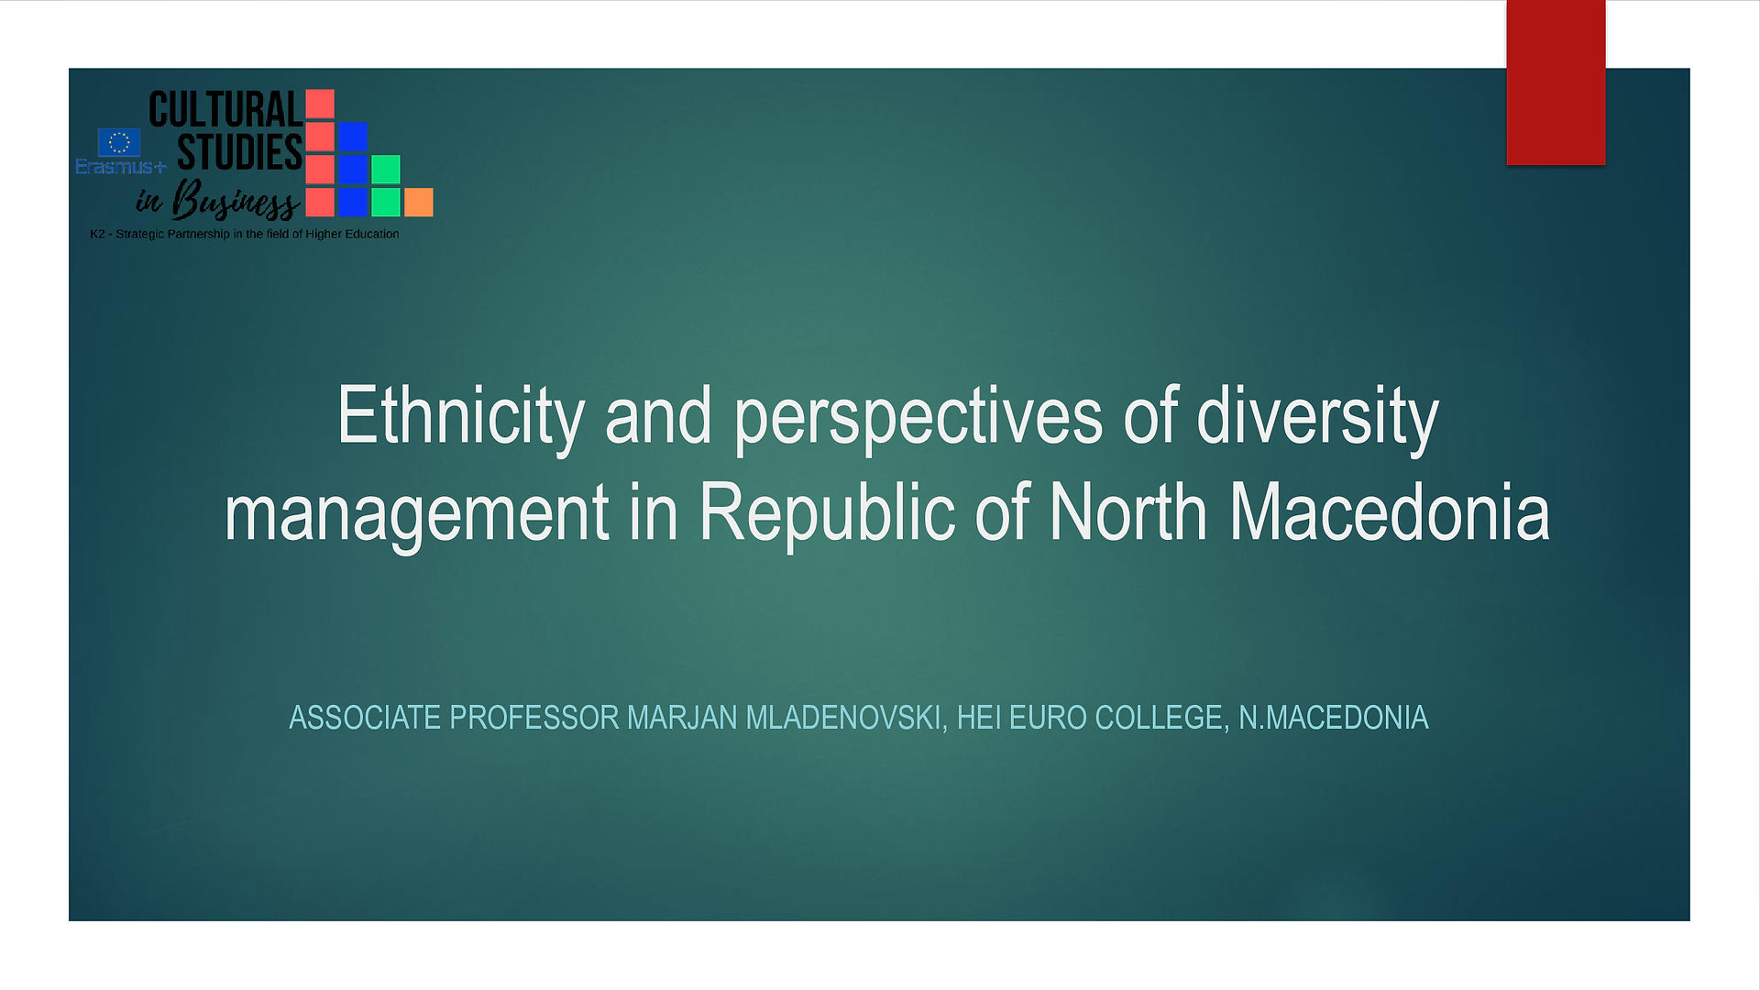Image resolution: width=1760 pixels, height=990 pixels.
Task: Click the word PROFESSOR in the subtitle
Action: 534,718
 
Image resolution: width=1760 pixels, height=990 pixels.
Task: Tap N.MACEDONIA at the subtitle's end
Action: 1334,718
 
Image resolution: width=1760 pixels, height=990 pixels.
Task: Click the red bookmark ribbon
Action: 1556,82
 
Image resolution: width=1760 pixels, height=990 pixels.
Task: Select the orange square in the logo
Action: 419,203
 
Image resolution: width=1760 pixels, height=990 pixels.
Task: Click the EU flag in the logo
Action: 119,142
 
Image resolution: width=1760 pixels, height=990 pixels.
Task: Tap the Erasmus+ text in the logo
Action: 121,167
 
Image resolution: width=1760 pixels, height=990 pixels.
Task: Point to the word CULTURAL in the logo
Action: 225,109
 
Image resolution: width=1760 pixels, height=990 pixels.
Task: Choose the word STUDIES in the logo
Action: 239,151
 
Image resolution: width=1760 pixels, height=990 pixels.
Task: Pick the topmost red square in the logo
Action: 320,104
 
